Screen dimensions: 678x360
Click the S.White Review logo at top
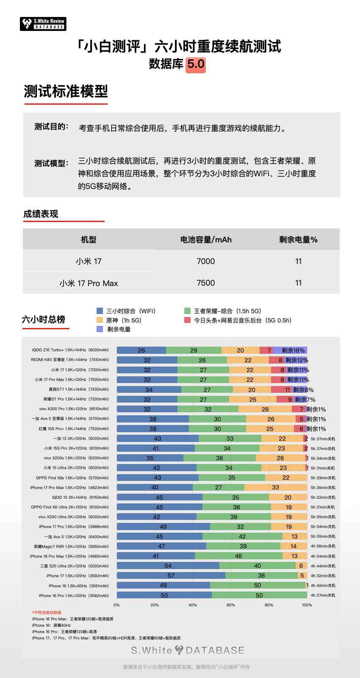coord(43,24)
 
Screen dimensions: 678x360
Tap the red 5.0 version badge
coord(196,64)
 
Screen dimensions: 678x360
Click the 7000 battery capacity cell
coord(206,261)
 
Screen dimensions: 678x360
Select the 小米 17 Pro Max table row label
coord(89,283)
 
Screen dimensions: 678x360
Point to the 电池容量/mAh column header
coord(206,240)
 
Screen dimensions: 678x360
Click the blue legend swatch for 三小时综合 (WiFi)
coord(100,311)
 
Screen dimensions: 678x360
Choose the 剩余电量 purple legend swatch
coord(100,329)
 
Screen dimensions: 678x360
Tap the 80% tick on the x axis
coord(269,605)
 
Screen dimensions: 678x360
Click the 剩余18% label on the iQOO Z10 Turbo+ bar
coord(293,350)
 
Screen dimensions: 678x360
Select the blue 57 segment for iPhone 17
coord(171,575)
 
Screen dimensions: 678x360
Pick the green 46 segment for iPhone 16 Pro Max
coord(238,556)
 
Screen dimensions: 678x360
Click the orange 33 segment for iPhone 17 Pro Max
coord(275,487)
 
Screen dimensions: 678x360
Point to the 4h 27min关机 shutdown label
coord(323,595)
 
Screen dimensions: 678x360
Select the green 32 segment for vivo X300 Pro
coord(208,409)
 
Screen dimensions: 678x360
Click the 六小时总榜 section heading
coord(44,320)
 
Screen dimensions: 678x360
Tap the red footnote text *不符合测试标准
coord(47,613)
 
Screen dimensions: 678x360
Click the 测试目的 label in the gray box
coord(51,127)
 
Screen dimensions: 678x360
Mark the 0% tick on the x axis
coord(116,605)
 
